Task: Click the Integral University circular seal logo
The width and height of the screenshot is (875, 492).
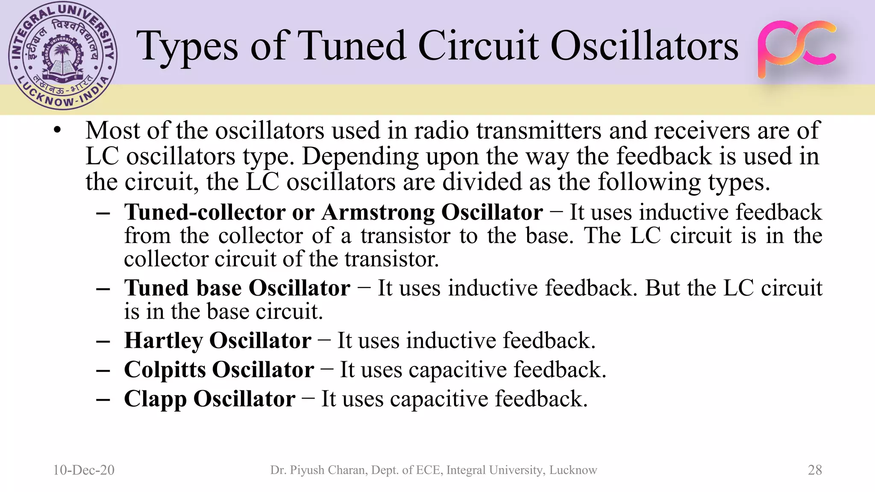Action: [62, 56]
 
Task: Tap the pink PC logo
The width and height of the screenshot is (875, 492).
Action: [797, 49]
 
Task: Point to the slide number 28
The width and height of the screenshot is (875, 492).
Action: [815, 470]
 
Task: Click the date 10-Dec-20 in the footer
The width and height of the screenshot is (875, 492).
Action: [84, 470]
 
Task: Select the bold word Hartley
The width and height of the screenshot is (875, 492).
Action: [164, 341]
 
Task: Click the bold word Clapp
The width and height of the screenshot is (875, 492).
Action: [156, 399]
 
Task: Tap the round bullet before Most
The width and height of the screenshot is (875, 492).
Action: [58, 130]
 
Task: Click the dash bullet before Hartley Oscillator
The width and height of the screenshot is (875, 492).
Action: [103, 341]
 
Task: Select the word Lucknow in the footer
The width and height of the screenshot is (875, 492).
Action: [573, 470]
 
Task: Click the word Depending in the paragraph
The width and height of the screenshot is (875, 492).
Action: [361, 156]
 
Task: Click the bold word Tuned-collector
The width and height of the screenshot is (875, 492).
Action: [205, 212]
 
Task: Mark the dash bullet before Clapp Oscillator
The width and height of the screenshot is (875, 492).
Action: [103, 399]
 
